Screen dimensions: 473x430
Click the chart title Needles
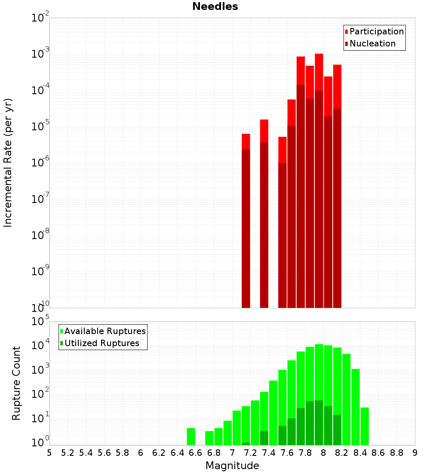215,6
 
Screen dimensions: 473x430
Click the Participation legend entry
377,31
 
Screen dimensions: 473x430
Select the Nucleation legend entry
372,43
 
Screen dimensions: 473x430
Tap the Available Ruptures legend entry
105,331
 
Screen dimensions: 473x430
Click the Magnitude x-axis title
232,466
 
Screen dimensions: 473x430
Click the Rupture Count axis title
16,383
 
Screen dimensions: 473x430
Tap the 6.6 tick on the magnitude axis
196,453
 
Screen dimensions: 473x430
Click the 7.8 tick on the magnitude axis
305,453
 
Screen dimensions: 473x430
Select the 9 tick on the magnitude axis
415,453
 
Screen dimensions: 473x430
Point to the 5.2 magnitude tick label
68,453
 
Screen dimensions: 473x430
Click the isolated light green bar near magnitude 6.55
191,436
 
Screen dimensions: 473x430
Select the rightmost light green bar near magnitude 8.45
365,426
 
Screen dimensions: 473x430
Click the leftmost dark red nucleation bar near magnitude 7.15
246,228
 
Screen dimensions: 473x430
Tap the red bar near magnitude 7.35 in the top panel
264,131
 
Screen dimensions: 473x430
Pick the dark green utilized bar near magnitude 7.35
264,438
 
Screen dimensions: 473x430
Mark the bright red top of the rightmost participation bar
337,86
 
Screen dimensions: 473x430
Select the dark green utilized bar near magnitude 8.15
337,430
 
